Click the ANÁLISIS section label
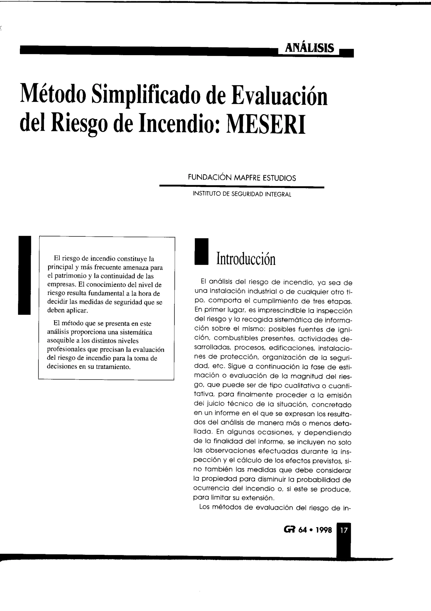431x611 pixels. click(x=309, y=48)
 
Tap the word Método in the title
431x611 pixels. click(x=53, y=95)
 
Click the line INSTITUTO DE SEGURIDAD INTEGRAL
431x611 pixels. click(x=242, y=194)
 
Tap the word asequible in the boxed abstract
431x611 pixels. click(x=60, y=341)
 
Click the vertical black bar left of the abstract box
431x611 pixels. click(x=24, y=275)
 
